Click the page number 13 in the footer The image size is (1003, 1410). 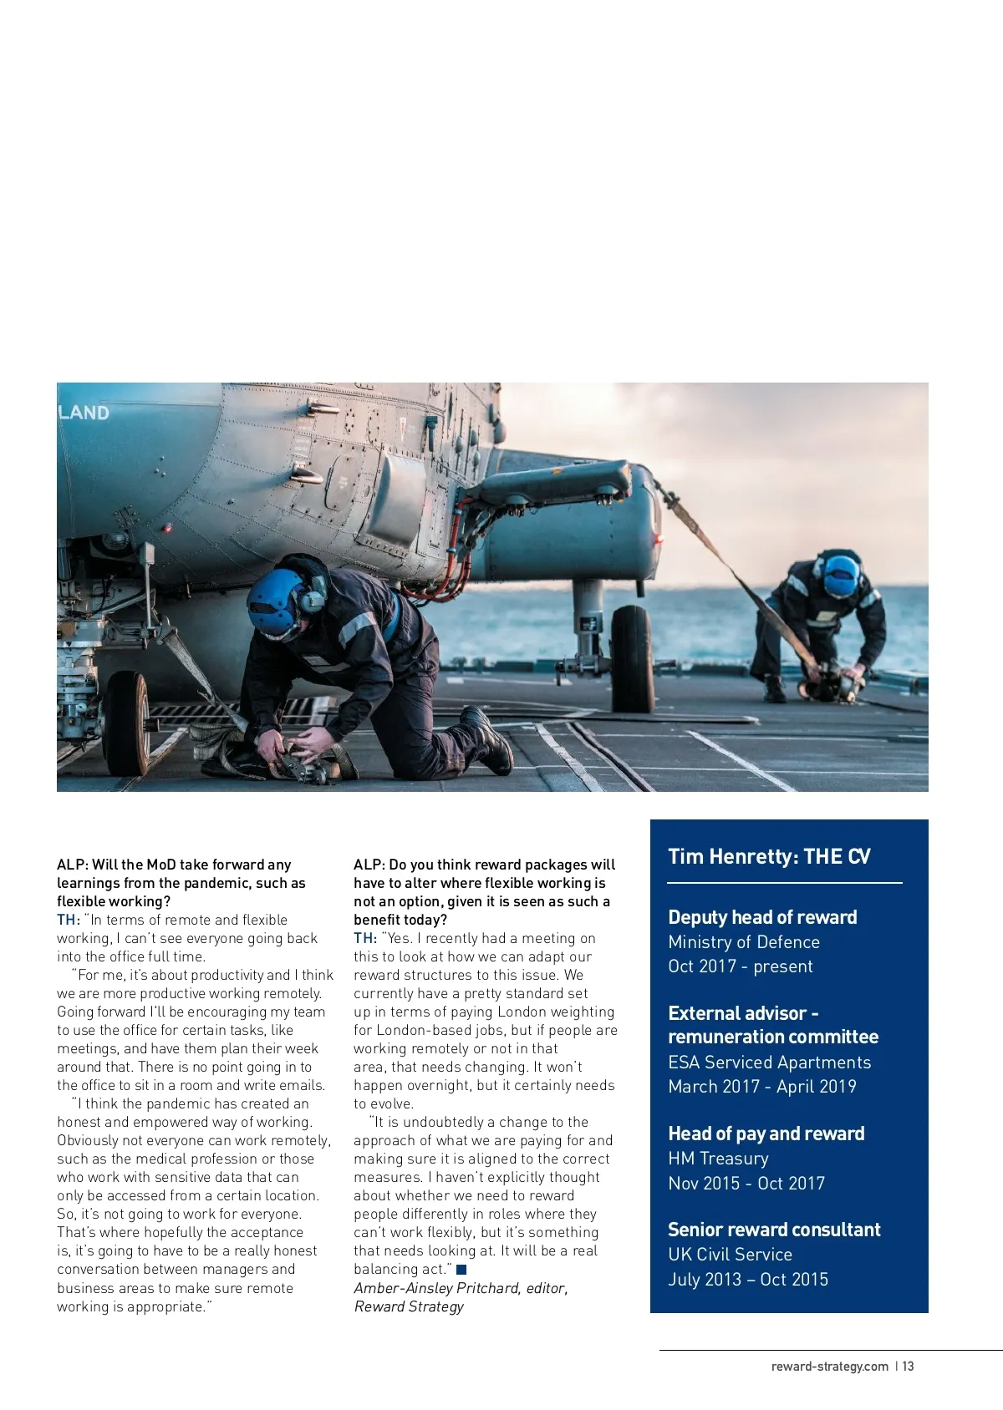(x=909, y=1367)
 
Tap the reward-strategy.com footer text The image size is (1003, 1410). (x=829, y=1367)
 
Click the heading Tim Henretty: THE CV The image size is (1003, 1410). (x=769, y=857)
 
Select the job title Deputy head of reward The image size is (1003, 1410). (x=762, y=917)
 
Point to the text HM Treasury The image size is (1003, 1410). (x=718, y=1159)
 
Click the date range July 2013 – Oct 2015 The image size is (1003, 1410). (x=748, y=1280)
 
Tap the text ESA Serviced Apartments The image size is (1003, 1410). (x=769, y=1063)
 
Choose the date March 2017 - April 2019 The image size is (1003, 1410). (x=762, y=1087)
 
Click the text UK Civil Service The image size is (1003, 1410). (x=730, y=1255)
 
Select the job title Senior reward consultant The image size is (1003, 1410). (x=774, y=1230)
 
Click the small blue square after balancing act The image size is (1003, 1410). (x=461, y=1270)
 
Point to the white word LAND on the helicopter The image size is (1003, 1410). (x=84, y=413)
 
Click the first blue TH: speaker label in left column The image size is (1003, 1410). (x=68, y=920)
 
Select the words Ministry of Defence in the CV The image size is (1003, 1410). (x=744, y=942)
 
